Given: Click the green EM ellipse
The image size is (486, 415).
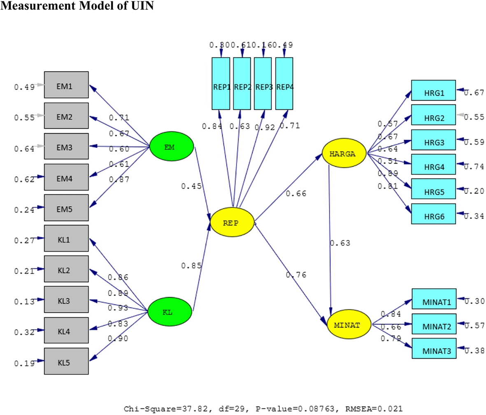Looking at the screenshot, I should pos(171,147).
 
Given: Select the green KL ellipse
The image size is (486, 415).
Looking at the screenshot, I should pos(169,312).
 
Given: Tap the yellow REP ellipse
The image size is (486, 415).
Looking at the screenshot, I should pos(232,222).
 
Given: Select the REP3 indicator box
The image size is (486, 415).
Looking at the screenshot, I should pos(263,83).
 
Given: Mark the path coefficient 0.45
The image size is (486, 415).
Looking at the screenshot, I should pos(191,187).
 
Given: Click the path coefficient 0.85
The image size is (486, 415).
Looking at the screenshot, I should pos(191,266).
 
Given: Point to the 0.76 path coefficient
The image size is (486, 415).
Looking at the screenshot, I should pos(296,275).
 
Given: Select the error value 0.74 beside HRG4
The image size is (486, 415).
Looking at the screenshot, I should pos(474,166).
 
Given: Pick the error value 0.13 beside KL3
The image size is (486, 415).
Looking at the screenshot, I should pos(24,302).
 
